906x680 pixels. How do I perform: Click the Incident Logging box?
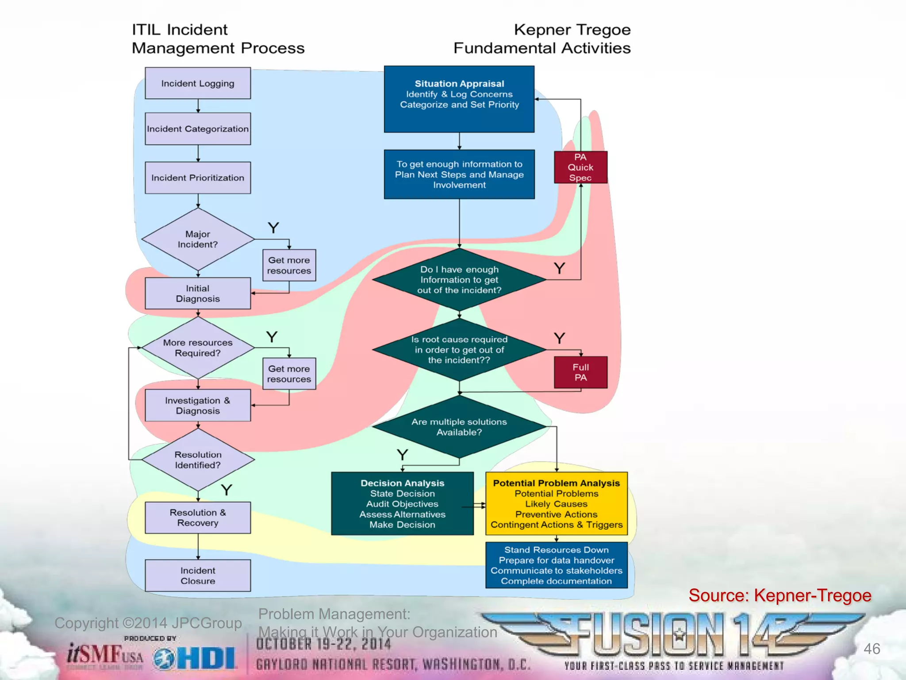pos(198,83)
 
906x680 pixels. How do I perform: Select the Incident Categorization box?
pos(198,129)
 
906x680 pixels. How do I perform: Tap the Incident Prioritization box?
pos(198,178)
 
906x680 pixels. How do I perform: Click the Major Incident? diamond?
pos(198,239)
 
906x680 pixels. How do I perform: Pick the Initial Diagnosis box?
pos(198,294)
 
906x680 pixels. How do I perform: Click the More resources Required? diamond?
pos(198,348)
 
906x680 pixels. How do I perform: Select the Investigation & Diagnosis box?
pos(198,406)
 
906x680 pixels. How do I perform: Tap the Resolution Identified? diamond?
pos(198,460)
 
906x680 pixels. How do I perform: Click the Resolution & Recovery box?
pos(198,518)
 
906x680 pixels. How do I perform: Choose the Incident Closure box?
pos(198,576)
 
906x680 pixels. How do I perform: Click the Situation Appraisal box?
pos(459,99)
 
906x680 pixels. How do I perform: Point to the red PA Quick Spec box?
pos(580,167)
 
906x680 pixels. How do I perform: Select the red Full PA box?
pos(580,372)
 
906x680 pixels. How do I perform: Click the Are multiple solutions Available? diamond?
pos(459,427)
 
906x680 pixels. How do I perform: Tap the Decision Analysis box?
pos(402,504)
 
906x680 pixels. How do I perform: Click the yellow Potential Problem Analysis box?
pos(557,504)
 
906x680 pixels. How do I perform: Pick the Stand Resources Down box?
pos(557,565)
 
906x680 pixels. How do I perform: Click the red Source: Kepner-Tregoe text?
pos(779,595)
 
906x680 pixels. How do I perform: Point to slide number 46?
pos(871,649)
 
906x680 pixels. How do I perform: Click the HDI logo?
pos(196,659)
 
